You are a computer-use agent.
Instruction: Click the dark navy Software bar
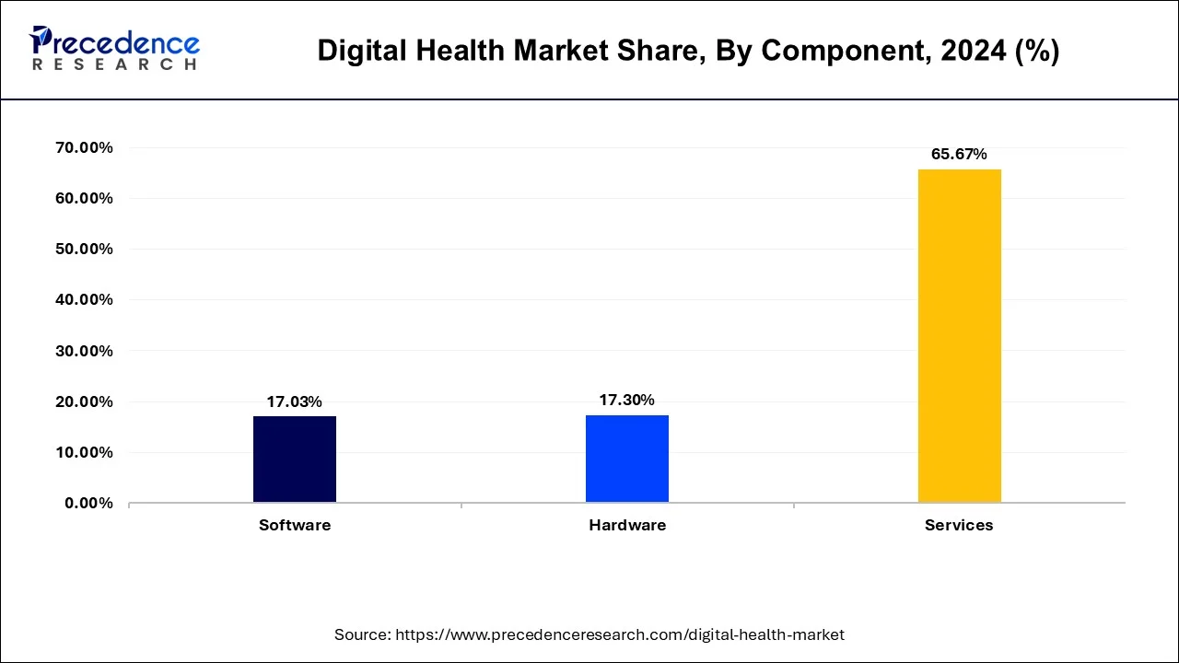[x=295, y=459]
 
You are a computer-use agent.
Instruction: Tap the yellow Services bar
[x=959, y=335]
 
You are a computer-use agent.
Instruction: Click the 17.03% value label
[x=295, y=401]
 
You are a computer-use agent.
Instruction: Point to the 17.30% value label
[x=626, y=400]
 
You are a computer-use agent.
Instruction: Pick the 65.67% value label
[x=959, y=154]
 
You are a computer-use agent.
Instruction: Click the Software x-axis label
[x=295, y=525]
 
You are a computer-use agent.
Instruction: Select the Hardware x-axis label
[x=626, y=525]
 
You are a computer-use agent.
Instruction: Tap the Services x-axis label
[x=959, y=525]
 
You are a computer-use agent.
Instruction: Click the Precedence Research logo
[x=114, y=49]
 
